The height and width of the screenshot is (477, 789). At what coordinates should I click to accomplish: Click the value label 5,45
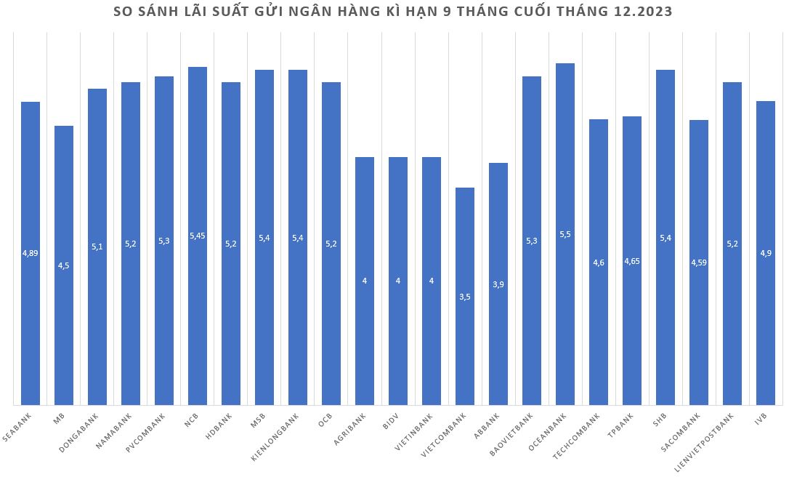click(x=198, y=236)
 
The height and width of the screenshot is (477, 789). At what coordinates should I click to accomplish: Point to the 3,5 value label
click(x=465, y=296)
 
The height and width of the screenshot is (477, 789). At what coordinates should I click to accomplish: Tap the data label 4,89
click(x=31, y=253)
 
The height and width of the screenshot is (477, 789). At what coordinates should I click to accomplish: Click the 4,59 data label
click(x=699, y=262)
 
